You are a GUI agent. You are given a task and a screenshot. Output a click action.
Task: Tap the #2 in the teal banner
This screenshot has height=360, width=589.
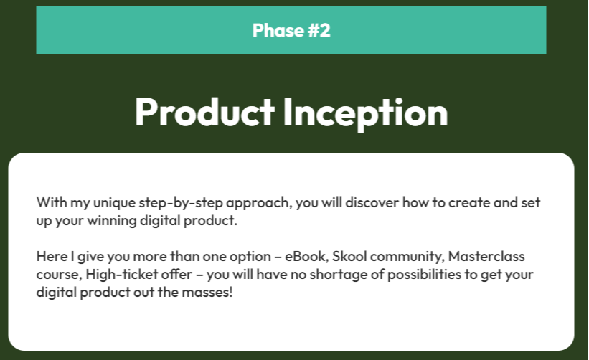[x=319, y=30]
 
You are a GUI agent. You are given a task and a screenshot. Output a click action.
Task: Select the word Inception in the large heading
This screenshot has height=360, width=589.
[x=365, y=113]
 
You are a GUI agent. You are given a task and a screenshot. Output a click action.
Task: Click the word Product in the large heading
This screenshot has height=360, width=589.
[x=204, y=113]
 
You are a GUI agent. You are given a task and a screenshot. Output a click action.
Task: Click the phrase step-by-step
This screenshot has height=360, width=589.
[x=181, y=203]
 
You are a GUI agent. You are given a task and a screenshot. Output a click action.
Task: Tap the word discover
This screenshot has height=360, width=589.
[x=372, y=203]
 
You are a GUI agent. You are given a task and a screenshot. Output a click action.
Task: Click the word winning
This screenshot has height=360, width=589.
[x=112, y=221]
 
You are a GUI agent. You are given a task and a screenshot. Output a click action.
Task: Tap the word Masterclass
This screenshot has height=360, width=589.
[x=486, y=257]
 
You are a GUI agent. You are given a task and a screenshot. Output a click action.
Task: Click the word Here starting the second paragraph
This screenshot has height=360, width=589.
[x=52, y=257]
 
